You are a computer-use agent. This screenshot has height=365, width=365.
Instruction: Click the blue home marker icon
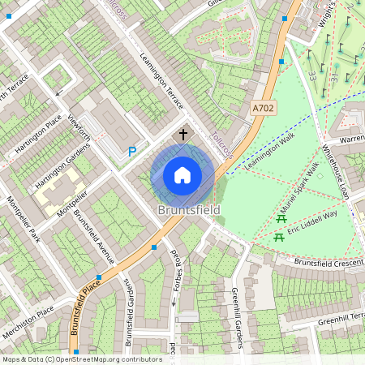[x=182, y=175]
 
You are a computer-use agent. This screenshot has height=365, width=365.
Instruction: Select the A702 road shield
[x=262, y=108]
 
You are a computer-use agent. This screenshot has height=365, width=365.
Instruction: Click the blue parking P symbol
[x=132, y=151]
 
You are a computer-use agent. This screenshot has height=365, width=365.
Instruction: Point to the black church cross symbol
[x=182, y=134]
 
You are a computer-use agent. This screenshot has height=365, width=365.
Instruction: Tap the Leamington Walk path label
[x=259, y=151]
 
